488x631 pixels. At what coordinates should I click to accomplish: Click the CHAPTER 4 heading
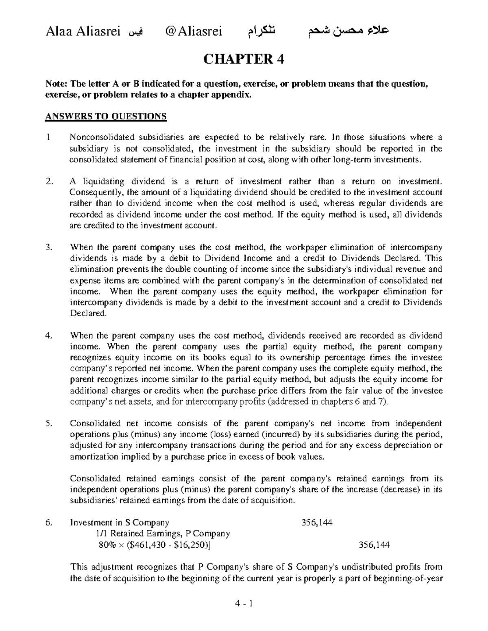(x=244, y=59)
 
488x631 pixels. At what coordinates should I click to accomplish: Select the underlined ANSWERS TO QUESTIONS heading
(x=106, y=117)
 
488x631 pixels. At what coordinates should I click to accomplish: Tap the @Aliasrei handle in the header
(x=192, y=31)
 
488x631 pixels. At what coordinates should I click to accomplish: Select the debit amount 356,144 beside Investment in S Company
(x=316, y=523)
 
